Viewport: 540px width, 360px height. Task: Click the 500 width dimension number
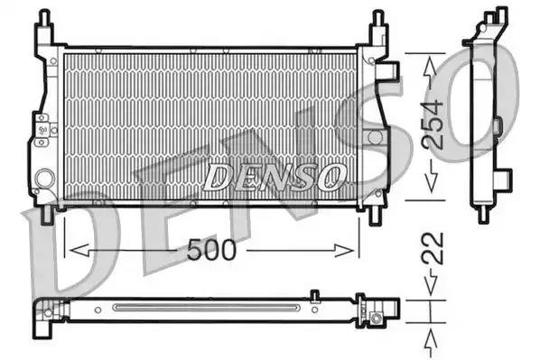(212, 250)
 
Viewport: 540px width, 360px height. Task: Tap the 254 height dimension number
(433, 125)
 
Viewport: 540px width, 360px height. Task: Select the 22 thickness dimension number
(433, 248)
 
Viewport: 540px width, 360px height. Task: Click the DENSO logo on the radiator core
(275, 177)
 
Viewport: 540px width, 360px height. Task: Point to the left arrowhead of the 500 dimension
(79, 250)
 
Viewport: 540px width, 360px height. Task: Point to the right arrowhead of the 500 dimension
(344, 250)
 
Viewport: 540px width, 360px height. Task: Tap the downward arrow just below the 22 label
(431, 283)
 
